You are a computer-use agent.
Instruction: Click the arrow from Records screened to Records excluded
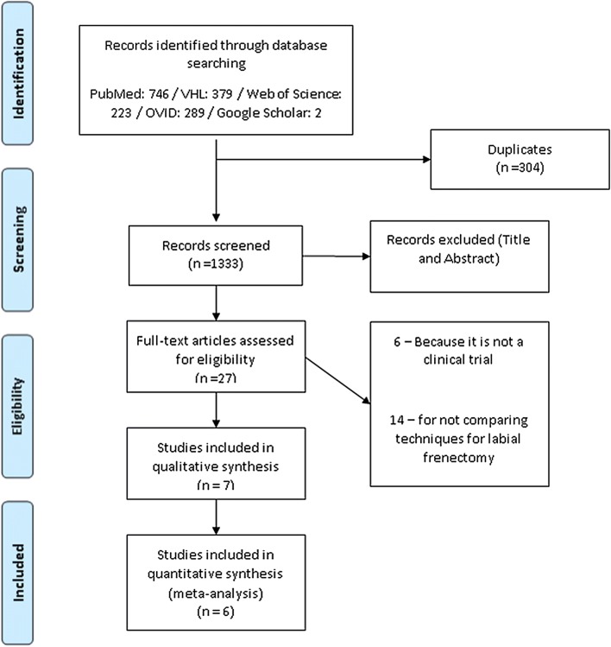337,255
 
